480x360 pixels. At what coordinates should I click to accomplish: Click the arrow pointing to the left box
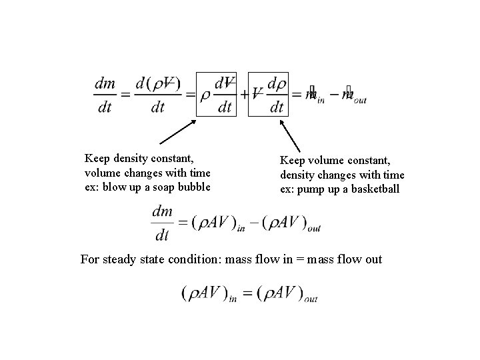point(178,131)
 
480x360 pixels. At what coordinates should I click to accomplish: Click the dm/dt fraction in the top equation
point(105,94)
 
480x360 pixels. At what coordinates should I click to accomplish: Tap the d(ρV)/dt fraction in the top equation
point(157,94)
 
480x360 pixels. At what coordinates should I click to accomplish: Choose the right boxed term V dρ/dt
point(267,94)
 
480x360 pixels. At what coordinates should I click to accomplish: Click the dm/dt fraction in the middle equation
point(162,222)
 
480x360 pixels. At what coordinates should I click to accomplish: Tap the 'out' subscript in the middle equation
point(313,229)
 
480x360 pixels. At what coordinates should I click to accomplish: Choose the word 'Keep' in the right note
point(293,161)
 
